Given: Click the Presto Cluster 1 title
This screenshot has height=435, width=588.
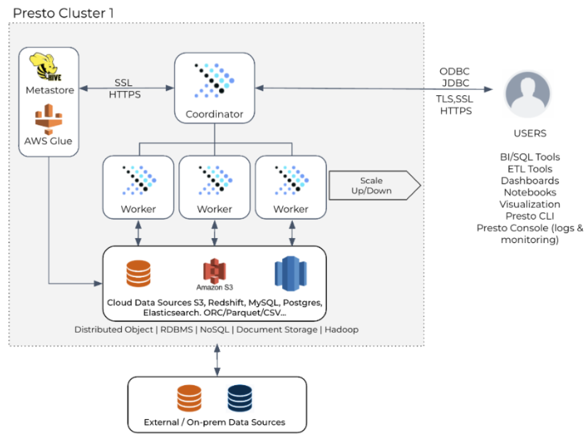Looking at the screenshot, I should pos(63,12).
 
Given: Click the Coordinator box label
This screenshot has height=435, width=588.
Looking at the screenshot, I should pos(215,115).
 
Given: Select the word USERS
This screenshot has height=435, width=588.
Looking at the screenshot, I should pos(530,133).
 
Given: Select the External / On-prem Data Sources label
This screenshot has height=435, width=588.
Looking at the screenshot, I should pos(215,422).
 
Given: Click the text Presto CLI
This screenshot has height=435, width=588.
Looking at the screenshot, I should pos(530,216).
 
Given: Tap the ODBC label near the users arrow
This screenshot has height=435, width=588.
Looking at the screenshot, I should pos(454,71).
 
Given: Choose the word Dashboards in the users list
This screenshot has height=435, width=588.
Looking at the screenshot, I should pos(530,181).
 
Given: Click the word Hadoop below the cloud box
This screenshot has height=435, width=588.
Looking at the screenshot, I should pos(342,330).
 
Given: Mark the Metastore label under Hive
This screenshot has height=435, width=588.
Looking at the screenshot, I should pos(50,90).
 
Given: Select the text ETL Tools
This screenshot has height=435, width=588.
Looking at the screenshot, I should pos(530,169).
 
